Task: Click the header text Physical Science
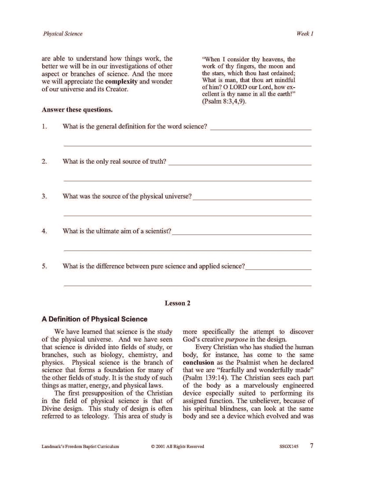[63, 34]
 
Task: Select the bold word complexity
[121, 81]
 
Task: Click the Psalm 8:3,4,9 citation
[224, 101]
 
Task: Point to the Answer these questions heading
[77, 110]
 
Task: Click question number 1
[44, 127]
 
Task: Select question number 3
[44, 196]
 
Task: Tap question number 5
[44, 266]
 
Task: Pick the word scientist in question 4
[158, 231]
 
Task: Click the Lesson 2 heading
[178, 303]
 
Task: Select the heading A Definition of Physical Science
[94, 319]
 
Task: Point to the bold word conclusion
[198, 363]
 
